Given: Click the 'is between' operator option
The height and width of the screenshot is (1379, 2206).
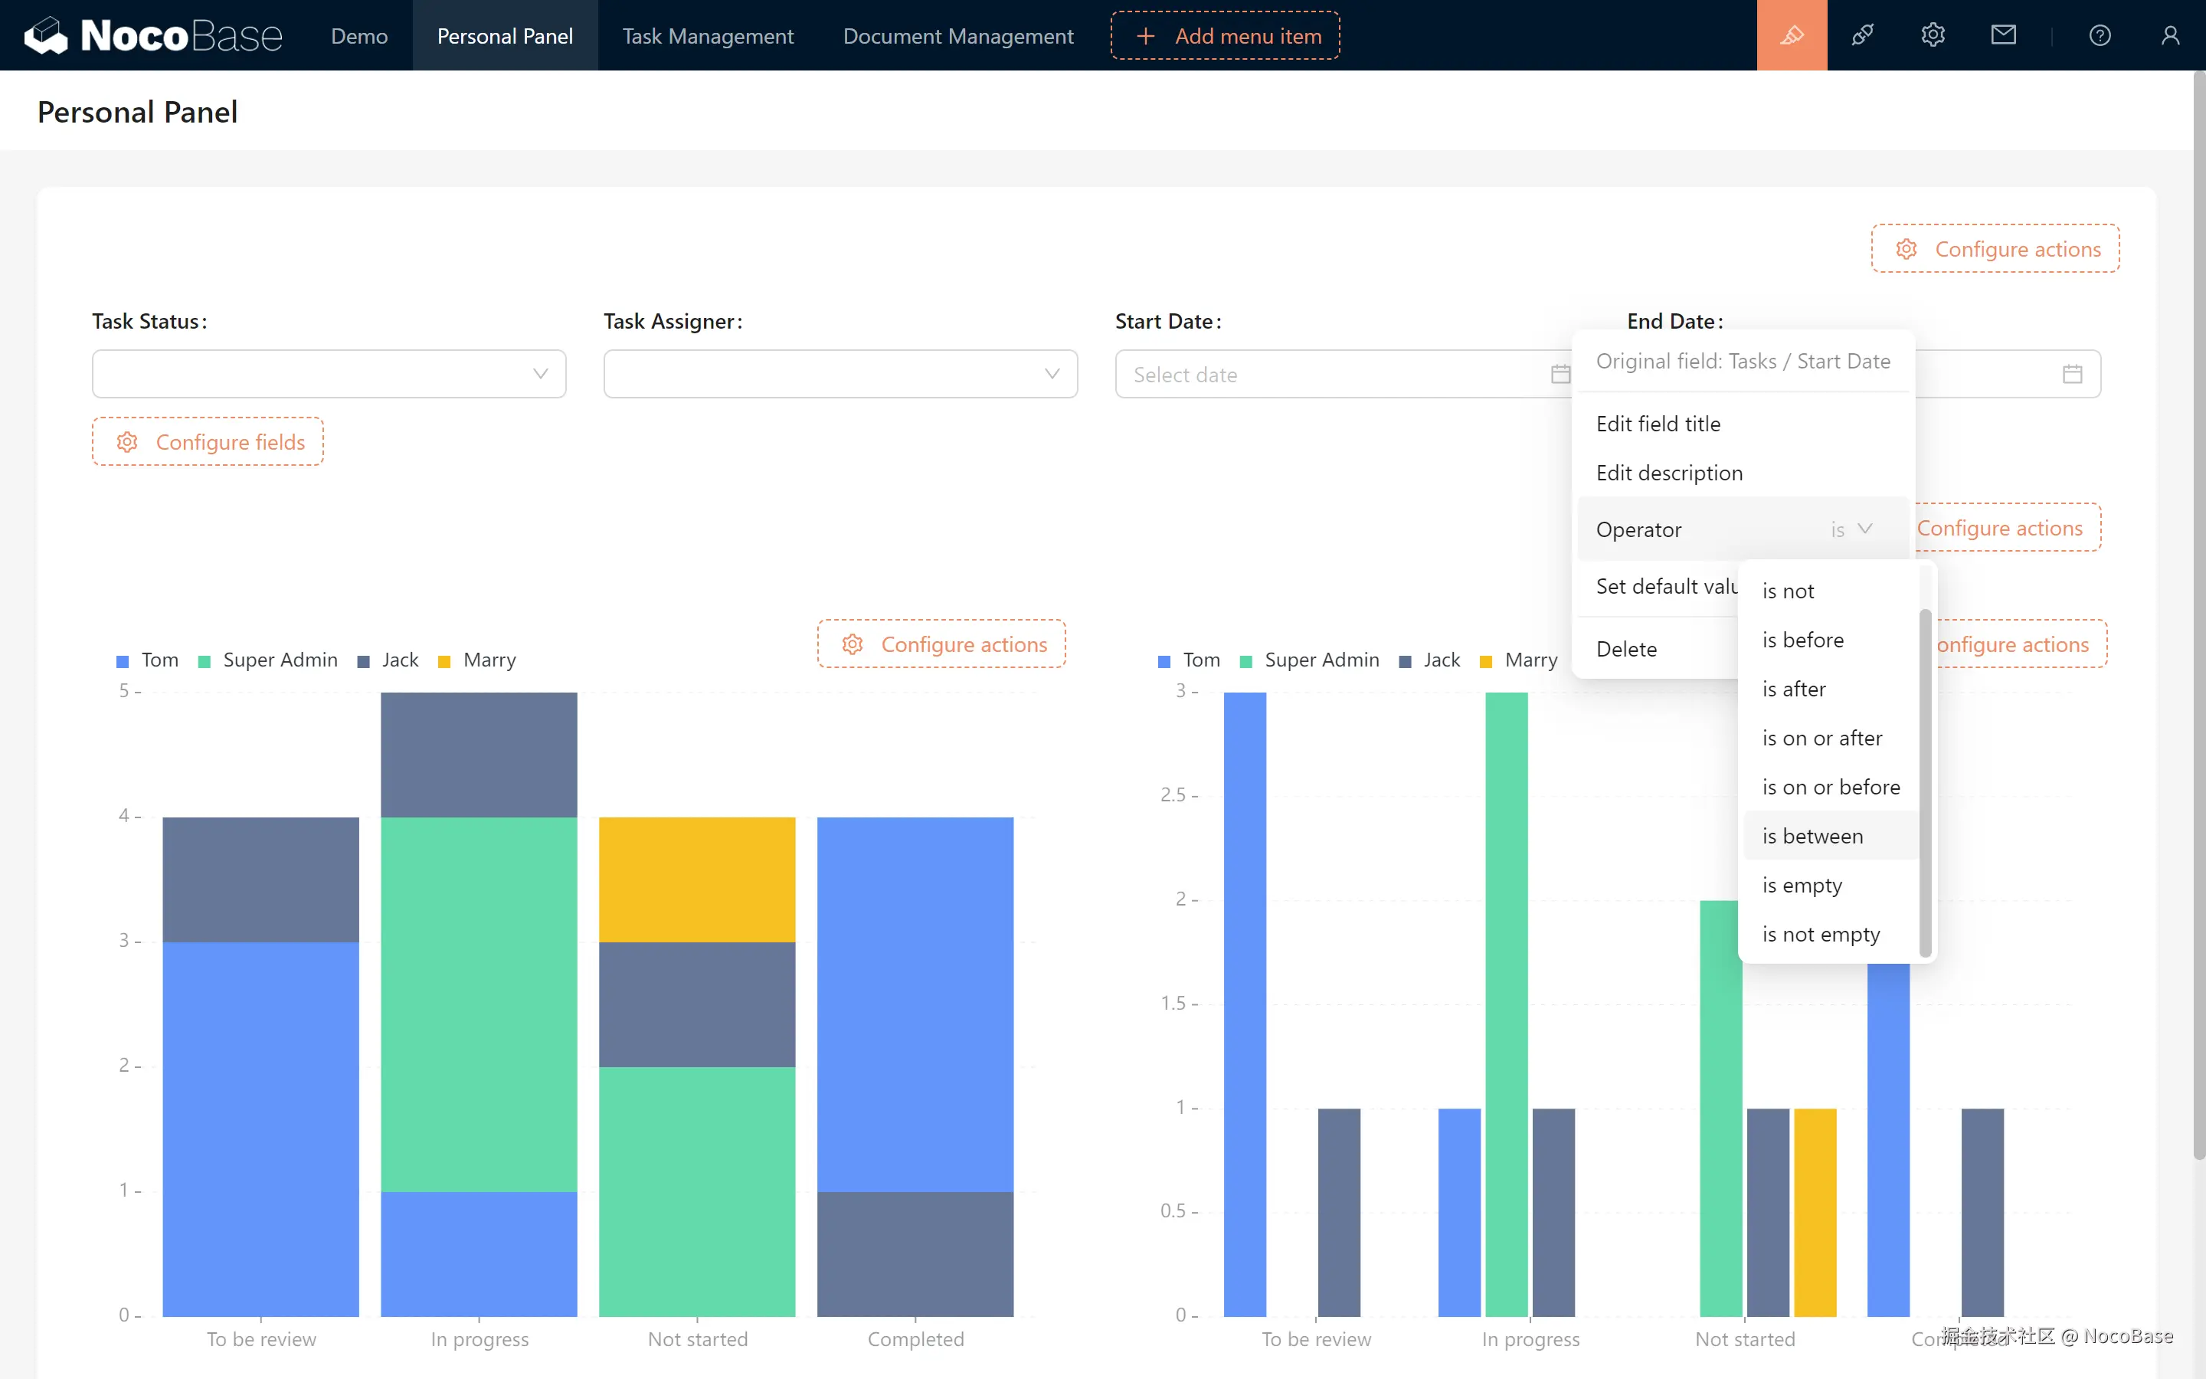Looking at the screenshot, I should point(1812,837).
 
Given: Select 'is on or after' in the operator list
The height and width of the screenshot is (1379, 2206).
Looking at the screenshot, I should point(1821,738).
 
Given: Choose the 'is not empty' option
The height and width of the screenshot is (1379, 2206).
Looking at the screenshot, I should point(1821,934).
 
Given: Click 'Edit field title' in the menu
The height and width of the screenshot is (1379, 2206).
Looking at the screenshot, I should point(1658,424).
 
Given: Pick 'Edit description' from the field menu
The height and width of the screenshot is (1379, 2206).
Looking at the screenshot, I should point(1669,473).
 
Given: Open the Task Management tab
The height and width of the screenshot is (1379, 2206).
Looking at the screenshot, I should point(708,35).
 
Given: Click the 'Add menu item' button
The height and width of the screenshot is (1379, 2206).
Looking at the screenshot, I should point(1225,35).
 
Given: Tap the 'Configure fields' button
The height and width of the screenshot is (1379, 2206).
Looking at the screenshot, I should point(208,442).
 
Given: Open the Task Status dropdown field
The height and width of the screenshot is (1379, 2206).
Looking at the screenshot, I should point(328,374).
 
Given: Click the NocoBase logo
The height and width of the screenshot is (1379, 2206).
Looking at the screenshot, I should point(152,35).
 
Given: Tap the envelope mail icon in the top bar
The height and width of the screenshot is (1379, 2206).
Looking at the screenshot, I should point(2003,35).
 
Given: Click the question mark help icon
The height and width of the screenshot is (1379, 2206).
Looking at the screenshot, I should point(2100,35).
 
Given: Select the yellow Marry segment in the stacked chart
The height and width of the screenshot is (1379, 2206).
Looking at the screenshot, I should point(696,879).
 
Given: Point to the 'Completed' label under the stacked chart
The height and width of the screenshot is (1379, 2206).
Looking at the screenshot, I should point(915,1339).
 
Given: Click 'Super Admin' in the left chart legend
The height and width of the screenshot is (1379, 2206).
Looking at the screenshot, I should point(279,660).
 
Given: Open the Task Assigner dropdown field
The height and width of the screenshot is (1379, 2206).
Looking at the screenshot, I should point(840,374).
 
